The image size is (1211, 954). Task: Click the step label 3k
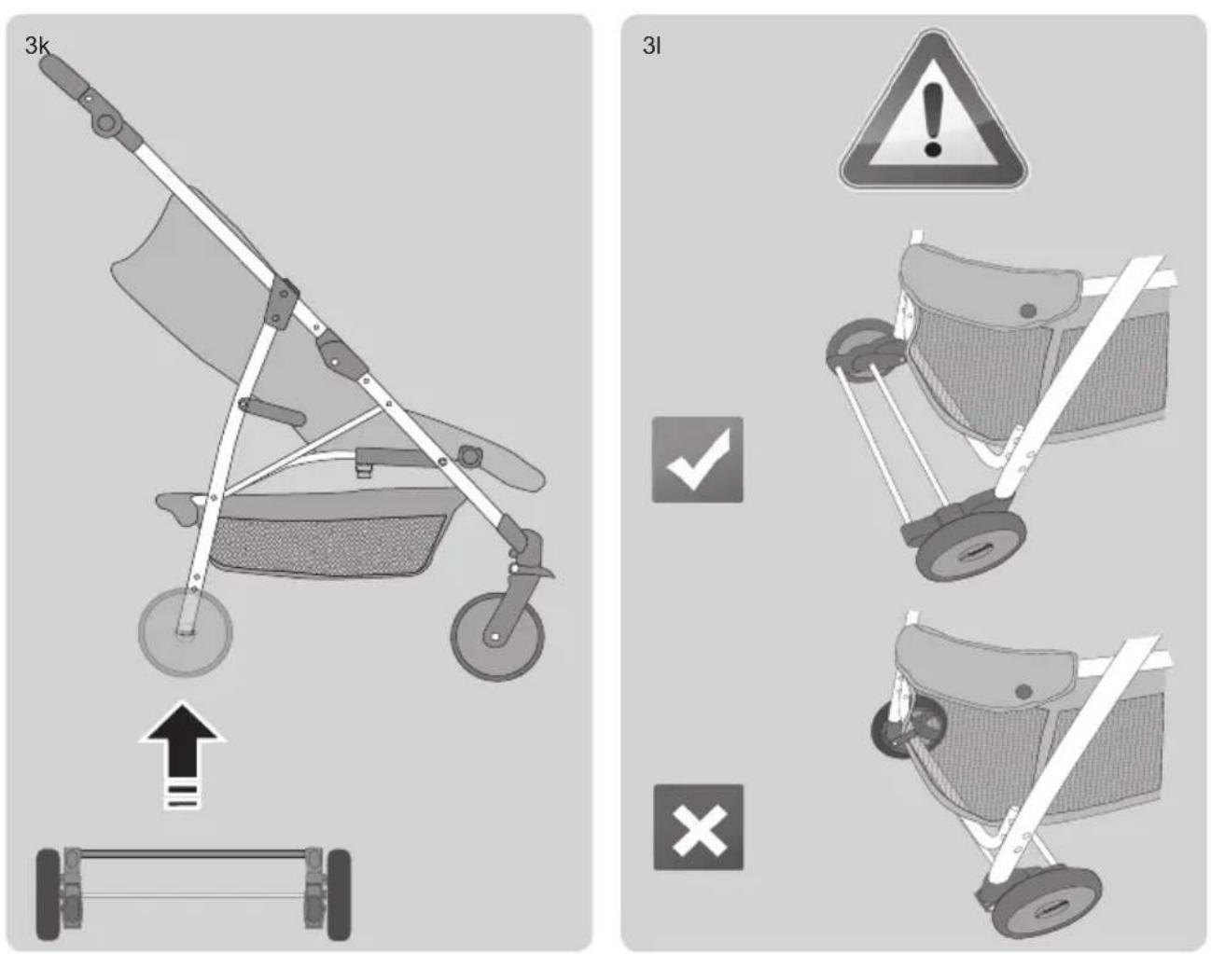37,46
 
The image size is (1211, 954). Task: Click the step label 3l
651,46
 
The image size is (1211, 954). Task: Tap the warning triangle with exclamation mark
933,110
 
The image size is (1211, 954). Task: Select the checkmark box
697,460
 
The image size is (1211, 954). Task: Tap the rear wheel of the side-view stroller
185,632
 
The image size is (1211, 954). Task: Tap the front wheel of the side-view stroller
497,637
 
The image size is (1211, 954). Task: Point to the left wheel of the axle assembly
48,894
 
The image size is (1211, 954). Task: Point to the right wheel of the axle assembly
340,894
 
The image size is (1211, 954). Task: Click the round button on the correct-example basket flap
1028,310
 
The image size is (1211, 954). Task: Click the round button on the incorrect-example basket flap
1023,691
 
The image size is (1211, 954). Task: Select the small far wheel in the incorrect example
900,728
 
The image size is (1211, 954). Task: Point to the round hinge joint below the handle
105,122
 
